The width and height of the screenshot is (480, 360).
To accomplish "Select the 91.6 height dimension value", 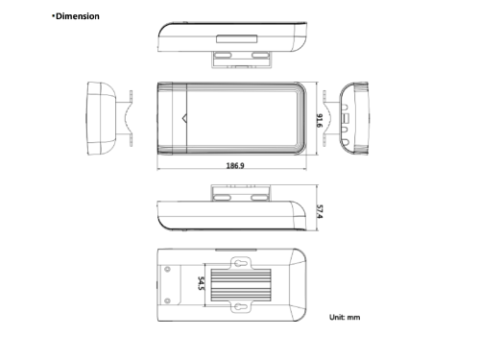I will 319,119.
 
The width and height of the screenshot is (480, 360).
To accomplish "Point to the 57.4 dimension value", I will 319,211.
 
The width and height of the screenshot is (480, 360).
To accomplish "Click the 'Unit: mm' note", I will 344,317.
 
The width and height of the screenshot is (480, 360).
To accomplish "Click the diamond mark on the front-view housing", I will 185,118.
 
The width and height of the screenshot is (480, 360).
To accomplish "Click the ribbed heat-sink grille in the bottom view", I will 237,283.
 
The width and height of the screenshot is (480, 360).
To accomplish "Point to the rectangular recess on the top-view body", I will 233,41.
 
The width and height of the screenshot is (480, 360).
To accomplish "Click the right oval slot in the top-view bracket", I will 259,58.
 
